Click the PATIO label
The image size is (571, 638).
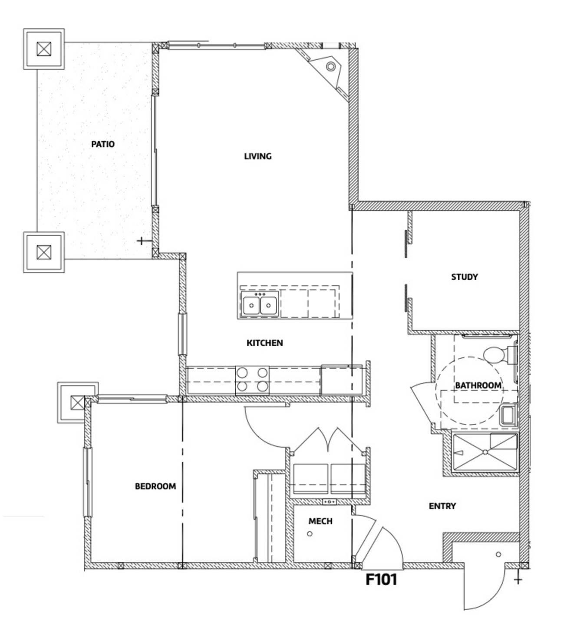pyautogui.click(x=103, y=144)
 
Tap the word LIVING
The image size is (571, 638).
pyautogui.click(x=257, y=156)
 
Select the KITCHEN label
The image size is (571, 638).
pyautogui.click(x=264, y=343)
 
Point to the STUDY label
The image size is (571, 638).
pyautogui.click(x=464, y=277)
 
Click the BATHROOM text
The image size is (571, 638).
pyautogui.click(x=478, y=386)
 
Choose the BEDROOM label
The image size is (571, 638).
pyautogui.click(x=155, y=486)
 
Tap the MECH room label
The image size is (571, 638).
pyautogui.click(x=320, y=521)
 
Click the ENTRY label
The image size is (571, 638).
pyautogui.click(x=442, y=506)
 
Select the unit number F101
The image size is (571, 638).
pyautogui.click(x=381, y=580)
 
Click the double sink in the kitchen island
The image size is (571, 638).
pyautogui.click(x=260, y=304)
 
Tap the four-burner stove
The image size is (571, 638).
pyautogui.click(x=252, y=380)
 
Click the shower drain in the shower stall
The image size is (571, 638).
pyautogui.click(x=485, y=452)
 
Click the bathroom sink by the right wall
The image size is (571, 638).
pyautogui.click(x=507, y=415)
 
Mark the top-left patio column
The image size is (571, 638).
pyautogui.click(x=44, y=49)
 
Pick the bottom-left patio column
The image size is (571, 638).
pyautogui.click(x=44, y=252)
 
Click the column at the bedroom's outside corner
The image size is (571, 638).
pyautogui.click(x=77, y=403)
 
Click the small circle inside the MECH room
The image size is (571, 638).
pyautogui.click(x=310, y=534)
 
